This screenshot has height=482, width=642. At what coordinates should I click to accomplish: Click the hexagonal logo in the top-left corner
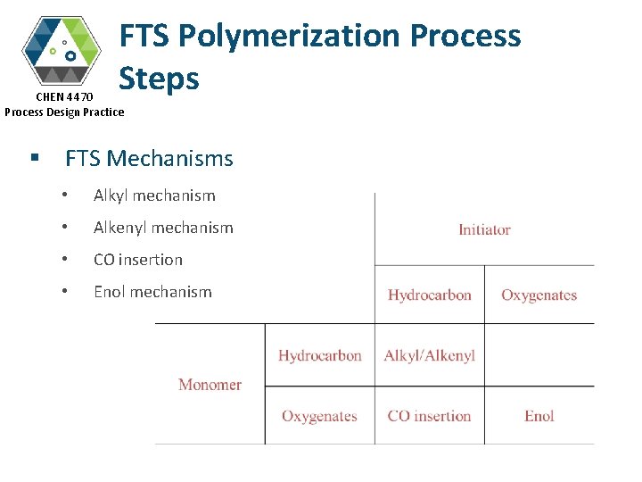(x=62, y=49)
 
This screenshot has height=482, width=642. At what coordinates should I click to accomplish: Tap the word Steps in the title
(x=159, y=79)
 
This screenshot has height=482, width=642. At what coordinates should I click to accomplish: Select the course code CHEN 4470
(x=64, y=96)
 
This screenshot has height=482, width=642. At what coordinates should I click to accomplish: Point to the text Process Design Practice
(x=64, y=112)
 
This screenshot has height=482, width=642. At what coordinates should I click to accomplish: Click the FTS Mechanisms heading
(x=149, y=159)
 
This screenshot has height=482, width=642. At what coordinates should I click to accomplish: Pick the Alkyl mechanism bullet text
(x=154, y=195)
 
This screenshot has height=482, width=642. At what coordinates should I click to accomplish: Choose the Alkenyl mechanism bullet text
(x=163, y=228)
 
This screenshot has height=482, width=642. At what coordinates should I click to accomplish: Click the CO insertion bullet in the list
(x=138, y=260)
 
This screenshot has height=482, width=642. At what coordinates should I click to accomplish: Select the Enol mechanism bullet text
(x=152, y=292)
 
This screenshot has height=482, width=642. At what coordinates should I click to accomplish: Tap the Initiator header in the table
(x=484, y=229)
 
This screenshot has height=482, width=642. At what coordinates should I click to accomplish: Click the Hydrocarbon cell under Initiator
(x=430, y=295)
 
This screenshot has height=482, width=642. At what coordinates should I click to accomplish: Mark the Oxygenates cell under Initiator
(x=539, y=295)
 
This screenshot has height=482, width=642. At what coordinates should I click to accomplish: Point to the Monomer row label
(x=210, y=385)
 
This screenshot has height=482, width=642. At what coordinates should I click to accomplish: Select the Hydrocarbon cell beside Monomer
(x=319, y=355)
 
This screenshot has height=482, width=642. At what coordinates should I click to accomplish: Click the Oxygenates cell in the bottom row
(x=319, y=416)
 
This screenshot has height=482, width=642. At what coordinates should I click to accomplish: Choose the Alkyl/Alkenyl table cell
(x=429, y=355)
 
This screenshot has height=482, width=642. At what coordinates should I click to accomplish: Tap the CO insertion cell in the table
(x=429, y=416)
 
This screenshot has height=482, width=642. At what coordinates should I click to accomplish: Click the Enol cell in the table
(x=539, y=416)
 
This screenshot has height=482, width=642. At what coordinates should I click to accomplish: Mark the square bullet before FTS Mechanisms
(x=34, y=158)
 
